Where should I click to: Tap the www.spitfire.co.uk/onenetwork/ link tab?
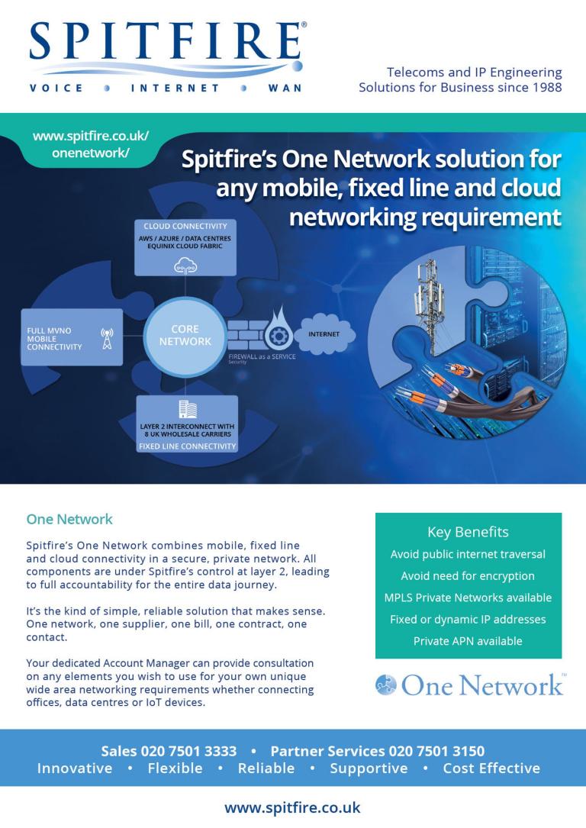coord(91,144)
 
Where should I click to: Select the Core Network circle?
coord(185,336)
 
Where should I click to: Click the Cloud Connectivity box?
coord(185,247)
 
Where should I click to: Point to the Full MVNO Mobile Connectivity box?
coord(71,337)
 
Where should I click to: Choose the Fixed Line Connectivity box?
coord(187,424)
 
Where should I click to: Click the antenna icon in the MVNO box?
coord(107,337)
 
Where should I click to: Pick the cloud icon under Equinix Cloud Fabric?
coord(185,264)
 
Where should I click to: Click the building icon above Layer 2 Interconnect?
coord(187,408)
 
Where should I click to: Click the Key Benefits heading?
coord(468,532)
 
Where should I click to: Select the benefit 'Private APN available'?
coord(468,641)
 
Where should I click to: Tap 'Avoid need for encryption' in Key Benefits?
coord(468,575)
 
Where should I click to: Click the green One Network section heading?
coord(69,519)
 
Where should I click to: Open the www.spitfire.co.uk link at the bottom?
coord(292,807)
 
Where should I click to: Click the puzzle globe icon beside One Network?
coord(386,685)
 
